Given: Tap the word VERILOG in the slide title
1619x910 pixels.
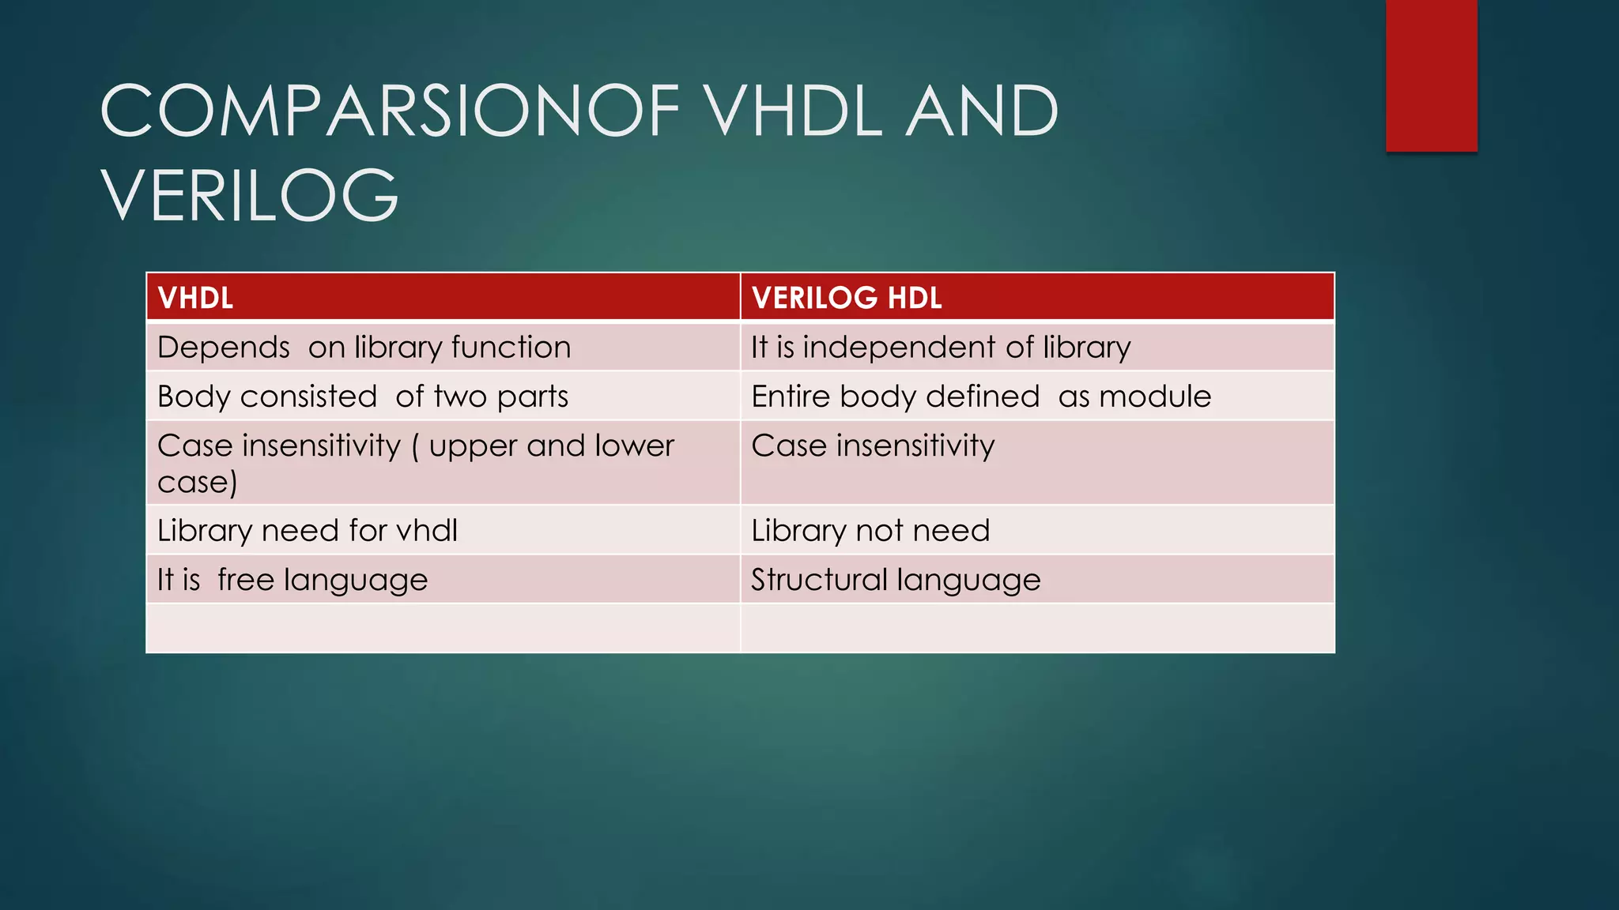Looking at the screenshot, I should [x=250, y=196].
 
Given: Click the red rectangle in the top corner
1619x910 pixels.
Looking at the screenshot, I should [x=1431, y=75].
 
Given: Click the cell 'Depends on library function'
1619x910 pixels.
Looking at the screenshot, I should [x=364, y=348].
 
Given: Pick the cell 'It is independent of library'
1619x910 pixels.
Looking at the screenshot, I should [x=941, y=348].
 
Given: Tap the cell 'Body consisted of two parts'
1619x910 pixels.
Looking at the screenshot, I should [x=362, y=397].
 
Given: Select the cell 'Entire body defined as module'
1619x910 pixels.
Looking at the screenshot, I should [x=980, y=397].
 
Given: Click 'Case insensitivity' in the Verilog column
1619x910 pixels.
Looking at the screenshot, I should [x=873, y=446].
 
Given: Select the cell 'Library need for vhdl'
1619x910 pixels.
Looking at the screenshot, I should [x=307, y=531].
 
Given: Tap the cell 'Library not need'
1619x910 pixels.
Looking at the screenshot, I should [x=870, y=531].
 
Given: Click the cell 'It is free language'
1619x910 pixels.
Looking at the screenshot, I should [x=292, y=581].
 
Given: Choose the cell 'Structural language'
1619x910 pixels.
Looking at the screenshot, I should [x=896, y=581].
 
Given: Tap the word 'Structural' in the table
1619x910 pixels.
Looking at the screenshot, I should [x=819, y=581].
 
